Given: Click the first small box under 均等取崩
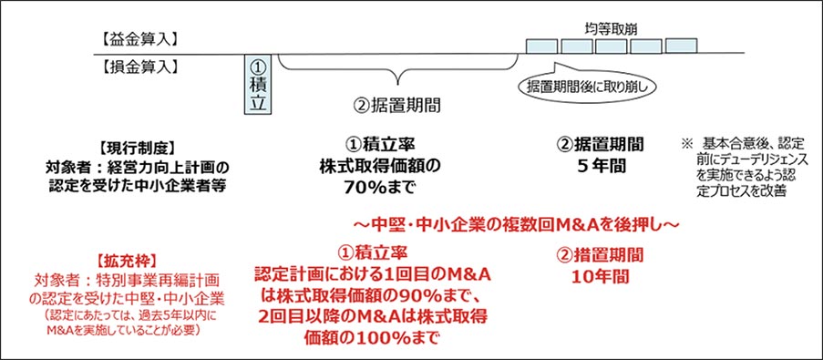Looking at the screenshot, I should click(x=542, y=46).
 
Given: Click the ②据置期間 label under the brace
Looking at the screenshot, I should click(x=396, y=104).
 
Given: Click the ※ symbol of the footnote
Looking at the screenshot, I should click(x=687, y=144).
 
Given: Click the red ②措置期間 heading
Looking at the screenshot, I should click(x=601, y=252).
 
